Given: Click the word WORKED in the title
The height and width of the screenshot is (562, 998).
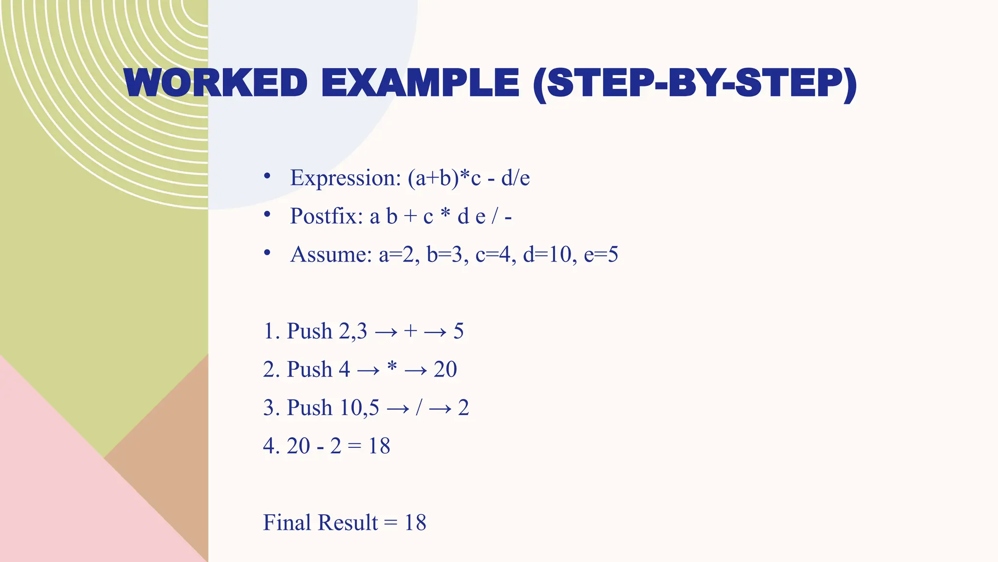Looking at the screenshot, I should coord(216,83).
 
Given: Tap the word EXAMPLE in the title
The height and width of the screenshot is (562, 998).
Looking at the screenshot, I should coord(420,83).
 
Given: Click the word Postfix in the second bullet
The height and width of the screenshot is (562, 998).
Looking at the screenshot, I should coord(326,216).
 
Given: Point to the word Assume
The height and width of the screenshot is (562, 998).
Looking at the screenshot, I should coord(331,255).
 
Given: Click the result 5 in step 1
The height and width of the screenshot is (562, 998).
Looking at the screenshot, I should coord(459,331).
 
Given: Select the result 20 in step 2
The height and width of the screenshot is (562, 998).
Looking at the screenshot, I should coord(445,369).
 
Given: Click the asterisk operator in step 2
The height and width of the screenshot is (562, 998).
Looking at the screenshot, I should coord(392,367).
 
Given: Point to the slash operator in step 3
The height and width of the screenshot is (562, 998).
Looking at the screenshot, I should coord(419,408).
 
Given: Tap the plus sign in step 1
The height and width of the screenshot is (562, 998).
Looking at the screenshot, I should coord(410,331).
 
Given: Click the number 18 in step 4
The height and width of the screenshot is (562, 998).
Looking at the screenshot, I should coord(379,446).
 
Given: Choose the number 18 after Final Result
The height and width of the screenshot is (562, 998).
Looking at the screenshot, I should coord(415,523).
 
